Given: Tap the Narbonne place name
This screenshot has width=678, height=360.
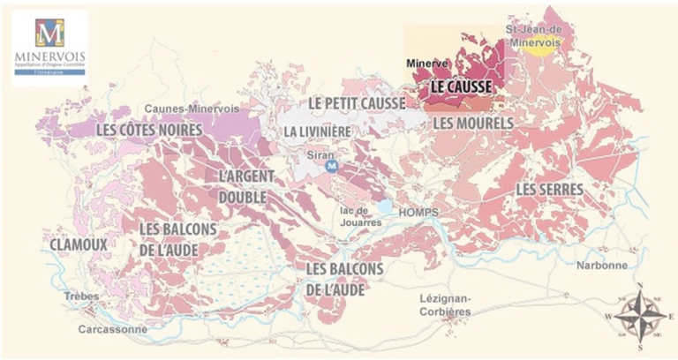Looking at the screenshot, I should [602, 265].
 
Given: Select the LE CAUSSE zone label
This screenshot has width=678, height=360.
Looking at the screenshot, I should [460, 87].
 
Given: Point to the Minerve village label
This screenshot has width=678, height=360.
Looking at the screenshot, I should [427, 64].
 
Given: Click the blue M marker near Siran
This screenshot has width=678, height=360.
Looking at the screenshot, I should [332, 165].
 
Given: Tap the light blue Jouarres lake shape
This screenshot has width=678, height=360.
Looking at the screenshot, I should [385, 206].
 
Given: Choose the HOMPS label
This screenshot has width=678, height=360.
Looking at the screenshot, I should [418, 212].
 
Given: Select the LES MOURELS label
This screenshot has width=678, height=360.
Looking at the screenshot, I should [471, 124].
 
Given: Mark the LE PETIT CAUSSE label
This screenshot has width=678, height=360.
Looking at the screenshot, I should [357, 103].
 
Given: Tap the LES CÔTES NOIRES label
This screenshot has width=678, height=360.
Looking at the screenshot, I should [149, 130].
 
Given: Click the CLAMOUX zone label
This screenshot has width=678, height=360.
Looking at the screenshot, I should [79, 243].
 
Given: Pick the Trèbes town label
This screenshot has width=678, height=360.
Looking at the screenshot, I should [81, 296].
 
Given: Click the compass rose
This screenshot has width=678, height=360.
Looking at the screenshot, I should [641, 314].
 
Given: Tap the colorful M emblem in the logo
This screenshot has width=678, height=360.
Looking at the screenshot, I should [49, 33].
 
